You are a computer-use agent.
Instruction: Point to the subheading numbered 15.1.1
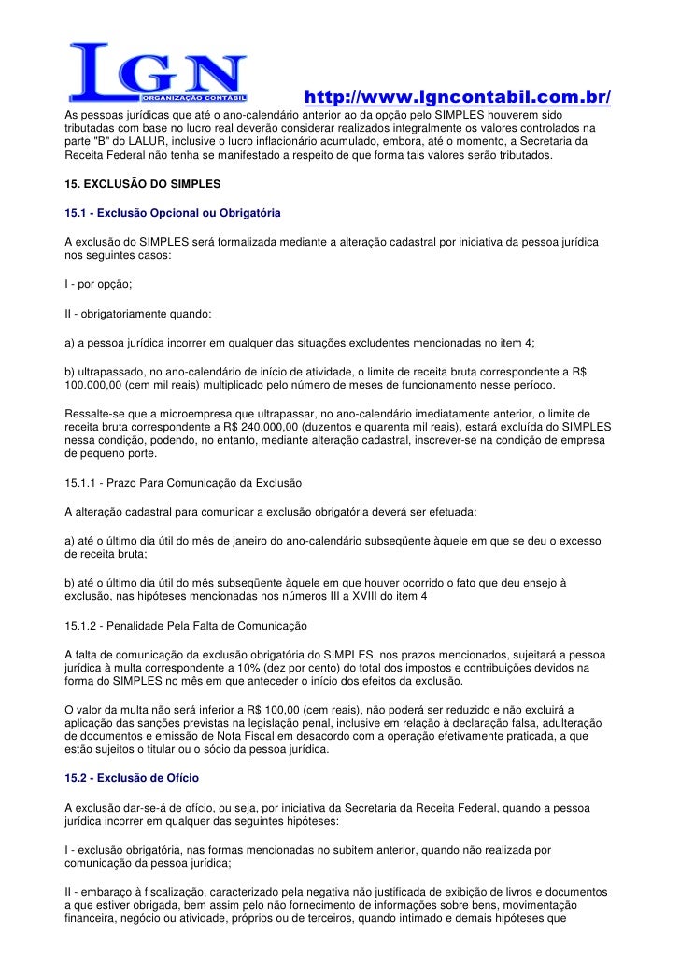[183, 483]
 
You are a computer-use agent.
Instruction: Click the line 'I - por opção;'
[98, 281]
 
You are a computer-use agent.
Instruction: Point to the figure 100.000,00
[98, 386]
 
